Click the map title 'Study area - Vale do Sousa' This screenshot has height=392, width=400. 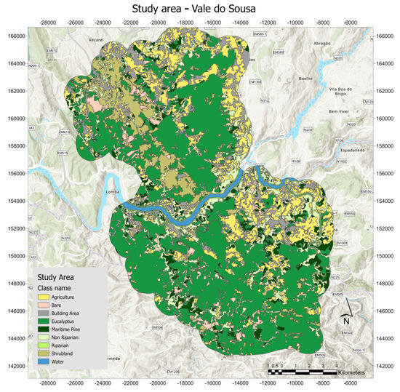[199, 9]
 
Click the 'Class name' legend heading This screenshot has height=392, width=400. [58, 288]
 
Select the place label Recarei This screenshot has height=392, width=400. [97, 39]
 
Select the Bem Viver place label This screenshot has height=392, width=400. [340, 111]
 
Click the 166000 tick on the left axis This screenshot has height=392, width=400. [15, 33]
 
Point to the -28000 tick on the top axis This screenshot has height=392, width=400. [47, 23]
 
